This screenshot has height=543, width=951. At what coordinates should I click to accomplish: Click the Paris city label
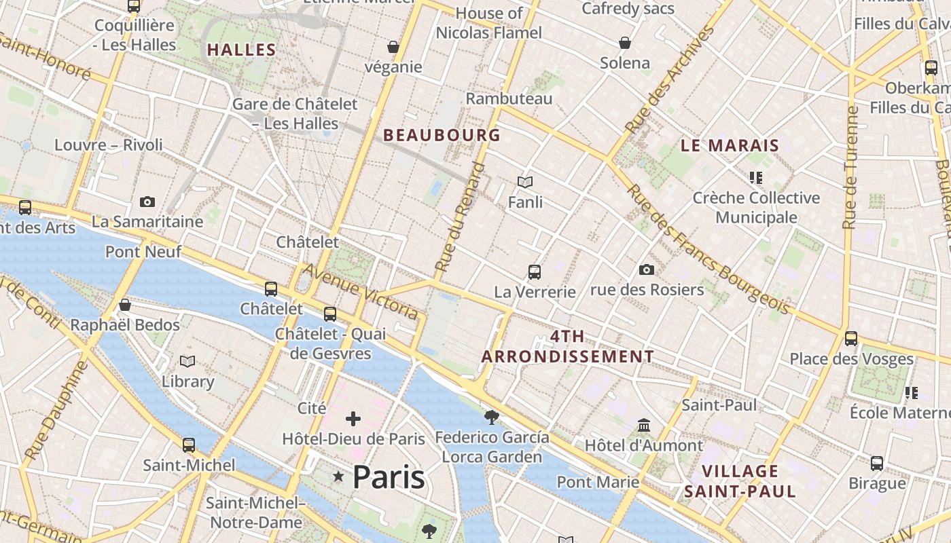[389, 478]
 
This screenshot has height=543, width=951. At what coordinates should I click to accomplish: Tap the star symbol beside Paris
[338, 477]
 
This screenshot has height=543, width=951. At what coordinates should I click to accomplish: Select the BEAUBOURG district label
[442, 135]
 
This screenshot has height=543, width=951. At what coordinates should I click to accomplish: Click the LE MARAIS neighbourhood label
[730, 145]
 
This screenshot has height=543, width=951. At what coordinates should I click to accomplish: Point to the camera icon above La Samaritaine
[147, 202]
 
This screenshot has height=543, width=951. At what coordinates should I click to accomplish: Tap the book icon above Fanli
[524, 182]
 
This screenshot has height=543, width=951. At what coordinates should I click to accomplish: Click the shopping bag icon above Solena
[625, 43]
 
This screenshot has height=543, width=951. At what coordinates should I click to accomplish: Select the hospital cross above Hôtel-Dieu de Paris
[353, 418]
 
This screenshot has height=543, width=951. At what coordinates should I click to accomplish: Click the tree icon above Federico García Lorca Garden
[492, 417]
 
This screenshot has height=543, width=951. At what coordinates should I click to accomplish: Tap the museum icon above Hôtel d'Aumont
[644, 425]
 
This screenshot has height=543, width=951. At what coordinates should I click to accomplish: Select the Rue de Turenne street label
[850, 166]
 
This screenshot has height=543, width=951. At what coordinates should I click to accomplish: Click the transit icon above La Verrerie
[535, 272]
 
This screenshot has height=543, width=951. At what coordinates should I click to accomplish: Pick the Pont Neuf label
[143, 252]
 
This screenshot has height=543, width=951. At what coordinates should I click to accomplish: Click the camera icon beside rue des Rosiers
[647, 269]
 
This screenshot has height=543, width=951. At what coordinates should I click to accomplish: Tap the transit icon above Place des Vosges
[851, 338]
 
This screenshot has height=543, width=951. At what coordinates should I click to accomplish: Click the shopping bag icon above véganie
[393, 47]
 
